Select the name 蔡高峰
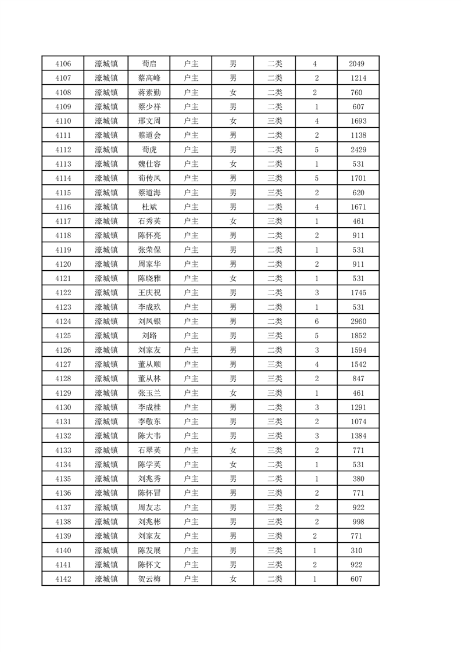click(149, 78)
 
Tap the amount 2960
click(358, 321)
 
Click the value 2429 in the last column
click(358, 150)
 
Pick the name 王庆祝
click(149, 293)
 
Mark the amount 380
click(358, 479)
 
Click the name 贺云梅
click(149, 579)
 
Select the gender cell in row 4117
click(233, 221)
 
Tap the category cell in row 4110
click(274, 121)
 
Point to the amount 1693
click(358, 121)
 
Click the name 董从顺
click(149, 364)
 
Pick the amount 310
click(358, 550)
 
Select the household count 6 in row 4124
click(316, 321)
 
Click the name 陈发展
click(149, 550)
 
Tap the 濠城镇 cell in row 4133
click(106, 450)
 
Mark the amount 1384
click(358, 436)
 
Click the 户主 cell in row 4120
click(191, 264)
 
